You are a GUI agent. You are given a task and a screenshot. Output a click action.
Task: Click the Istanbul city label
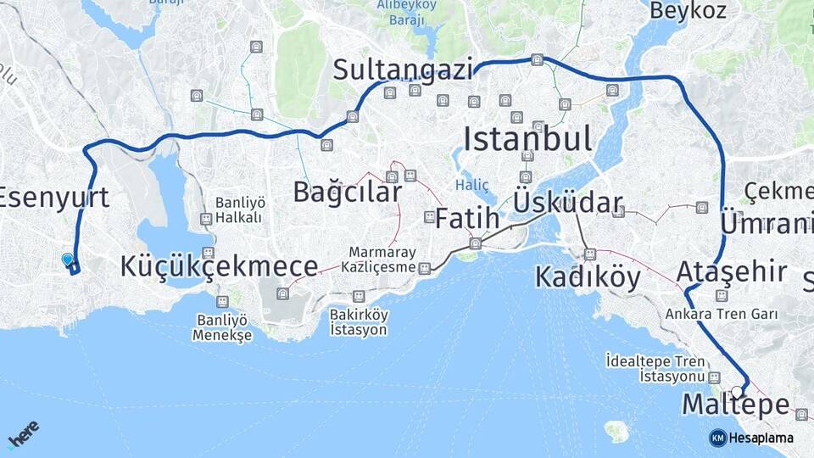click(x=528, y=139)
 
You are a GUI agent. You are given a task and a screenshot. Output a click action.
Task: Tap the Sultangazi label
click(x=403, y=70)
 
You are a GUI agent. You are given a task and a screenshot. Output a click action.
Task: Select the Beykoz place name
click(x=688, y=11)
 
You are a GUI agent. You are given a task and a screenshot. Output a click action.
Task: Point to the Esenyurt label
click(x=53, y=198)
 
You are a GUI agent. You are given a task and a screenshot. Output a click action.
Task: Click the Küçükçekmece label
click(x=219, y=266)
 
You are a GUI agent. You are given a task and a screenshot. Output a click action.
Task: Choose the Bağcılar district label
click(x=347, y=192)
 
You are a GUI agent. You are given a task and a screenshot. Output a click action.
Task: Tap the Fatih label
click(x=467, y=218)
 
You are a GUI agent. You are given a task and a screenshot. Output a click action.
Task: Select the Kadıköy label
click(x=588, y=277)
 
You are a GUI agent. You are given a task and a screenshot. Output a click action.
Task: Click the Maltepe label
click(x=735, y=405)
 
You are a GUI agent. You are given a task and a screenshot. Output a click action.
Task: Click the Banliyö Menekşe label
click(x=223, y=327)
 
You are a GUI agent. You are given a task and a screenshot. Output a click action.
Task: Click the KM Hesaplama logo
click(x=751, y=438)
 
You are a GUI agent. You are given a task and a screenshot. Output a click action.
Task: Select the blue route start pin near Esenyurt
click(x=68, y=260)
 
